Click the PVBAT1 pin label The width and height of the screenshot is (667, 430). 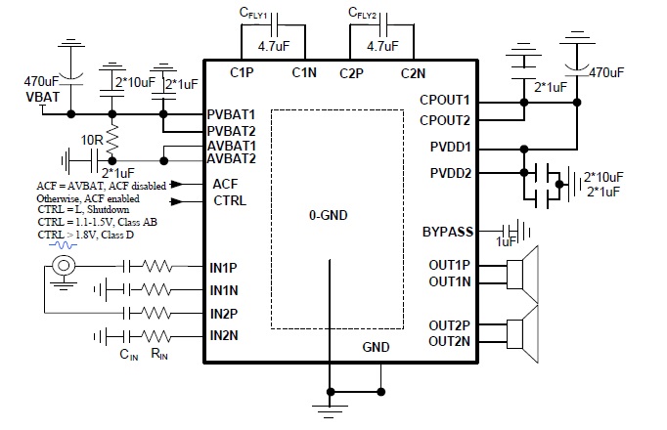pos(232,114)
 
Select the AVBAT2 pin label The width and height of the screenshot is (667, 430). pos(232,158)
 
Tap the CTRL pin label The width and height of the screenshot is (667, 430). pos(230,201)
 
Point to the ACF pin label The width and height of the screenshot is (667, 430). pos(226,183)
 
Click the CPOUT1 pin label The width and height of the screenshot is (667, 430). pos(445,100)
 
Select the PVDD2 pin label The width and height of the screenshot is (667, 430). pos(449,174)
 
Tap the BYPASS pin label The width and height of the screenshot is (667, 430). pos(447,232)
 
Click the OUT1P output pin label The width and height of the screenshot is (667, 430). pos(449,265)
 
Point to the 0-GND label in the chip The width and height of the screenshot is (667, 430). pos(329,213)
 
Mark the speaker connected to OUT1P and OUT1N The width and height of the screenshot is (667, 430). pos(524,273)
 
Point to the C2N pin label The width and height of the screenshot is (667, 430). pos(413,73)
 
